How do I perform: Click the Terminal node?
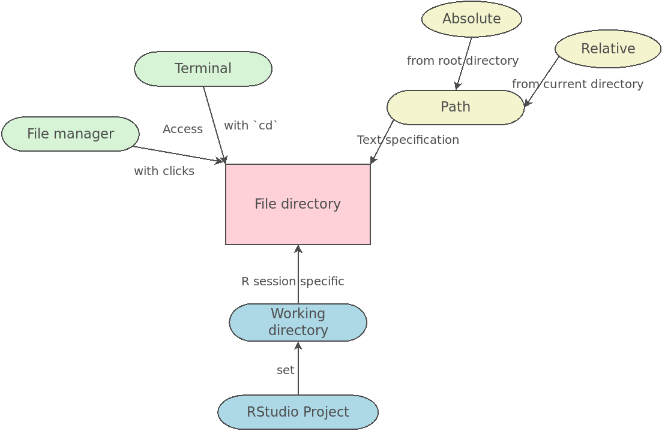point(203,69)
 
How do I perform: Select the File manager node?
point(70,134)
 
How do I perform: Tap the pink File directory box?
point(298,204)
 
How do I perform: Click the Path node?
point(456,107)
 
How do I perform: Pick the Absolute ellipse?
point(472,19)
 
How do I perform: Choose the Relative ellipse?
point(608,49)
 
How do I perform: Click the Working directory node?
point(298,323)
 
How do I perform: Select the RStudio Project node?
point(298,412)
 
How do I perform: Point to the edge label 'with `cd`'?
point(251,125)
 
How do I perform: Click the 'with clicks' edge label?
point(164,171)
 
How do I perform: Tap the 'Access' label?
point(182,129)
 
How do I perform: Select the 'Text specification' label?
point(408,140)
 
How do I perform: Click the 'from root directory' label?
point(463,61)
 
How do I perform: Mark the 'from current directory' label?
point(577,85)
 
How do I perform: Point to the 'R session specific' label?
point(292,282)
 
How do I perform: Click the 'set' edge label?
point(286,370)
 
